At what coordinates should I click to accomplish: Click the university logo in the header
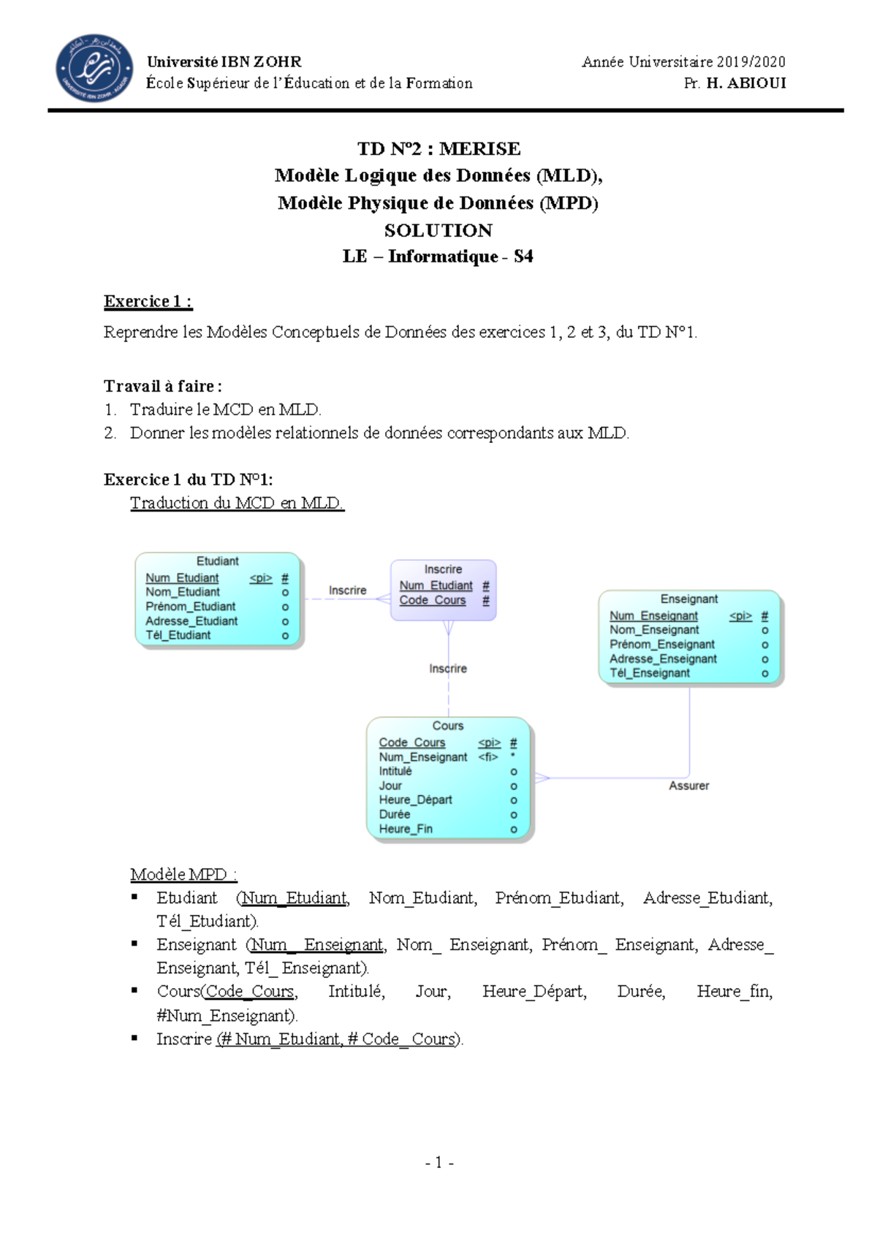(94, 68)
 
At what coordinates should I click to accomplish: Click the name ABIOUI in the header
(756, 83)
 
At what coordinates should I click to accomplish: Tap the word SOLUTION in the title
(438, 230)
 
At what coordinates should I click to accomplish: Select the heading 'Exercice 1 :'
(148, 301)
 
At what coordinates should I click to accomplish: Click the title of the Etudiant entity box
(217, 561)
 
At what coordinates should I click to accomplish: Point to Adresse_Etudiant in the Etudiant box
(191, 621)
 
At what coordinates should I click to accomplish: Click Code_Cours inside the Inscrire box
(432, 600)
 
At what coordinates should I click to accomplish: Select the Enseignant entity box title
(688, 599)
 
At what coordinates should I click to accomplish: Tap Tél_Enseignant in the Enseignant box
(650, 673)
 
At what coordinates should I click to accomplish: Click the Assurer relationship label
(688, 786)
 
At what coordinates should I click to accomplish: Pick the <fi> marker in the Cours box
(488, 757)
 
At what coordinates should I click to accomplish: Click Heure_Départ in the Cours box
(415, 800)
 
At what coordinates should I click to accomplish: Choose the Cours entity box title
(447, 726)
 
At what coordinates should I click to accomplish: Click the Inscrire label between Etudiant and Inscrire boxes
(347, 591)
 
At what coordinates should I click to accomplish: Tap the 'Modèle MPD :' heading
(183, 874)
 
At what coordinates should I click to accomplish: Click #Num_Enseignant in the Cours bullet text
(227, 1015)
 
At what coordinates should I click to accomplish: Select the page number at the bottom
(439, 1162)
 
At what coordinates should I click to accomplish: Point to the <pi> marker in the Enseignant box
(740, 616)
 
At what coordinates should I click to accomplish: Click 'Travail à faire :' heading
(162, 386)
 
